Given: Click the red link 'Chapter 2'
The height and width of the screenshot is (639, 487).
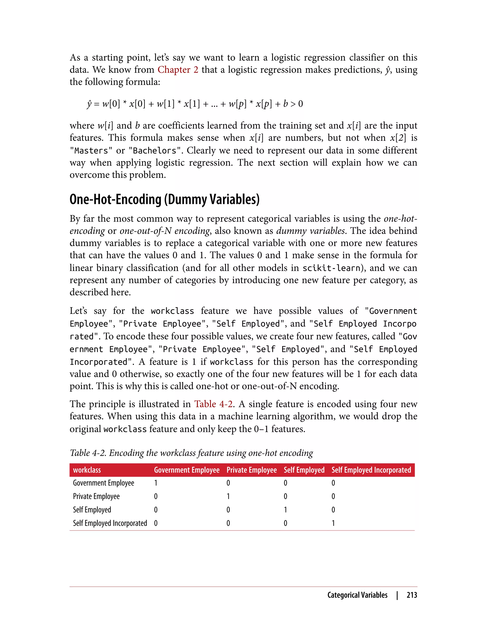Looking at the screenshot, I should (x=178, y=70).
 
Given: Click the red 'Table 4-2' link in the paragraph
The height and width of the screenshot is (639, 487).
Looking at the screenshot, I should (x=213, y=404).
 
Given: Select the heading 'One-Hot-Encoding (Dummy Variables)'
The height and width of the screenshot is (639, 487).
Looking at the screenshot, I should (x=164, y=199).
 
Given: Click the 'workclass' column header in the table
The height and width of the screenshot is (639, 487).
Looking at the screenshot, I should (x=87, y=470).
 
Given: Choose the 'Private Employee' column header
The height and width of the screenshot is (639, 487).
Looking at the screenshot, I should (x=251, y=470).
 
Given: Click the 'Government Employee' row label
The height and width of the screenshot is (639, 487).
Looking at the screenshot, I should (x=103, y=483).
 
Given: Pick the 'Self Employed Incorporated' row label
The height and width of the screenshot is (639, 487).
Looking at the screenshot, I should (x=110, y=523).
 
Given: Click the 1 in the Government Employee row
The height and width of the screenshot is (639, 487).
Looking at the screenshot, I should (x=156, y=483).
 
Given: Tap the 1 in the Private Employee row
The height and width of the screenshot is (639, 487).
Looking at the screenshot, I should (x=228, y=496).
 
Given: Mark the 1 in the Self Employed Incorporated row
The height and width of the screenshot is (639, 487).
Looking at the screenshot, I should (x=333, y=523).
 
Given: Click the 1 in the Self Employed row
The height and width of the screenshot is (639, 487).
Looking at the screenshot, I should (x=285, y=510).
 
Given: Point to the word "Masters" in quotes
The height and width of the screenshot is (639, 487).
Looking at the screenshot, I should (x=91, y=151).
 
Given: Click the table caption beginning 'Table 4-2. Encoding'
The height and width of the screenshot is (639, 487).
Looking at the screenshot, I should (x=191, y=453).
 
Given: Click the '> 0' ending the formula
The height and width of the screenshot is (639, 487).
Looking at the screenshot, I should (x=296, y=104).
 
